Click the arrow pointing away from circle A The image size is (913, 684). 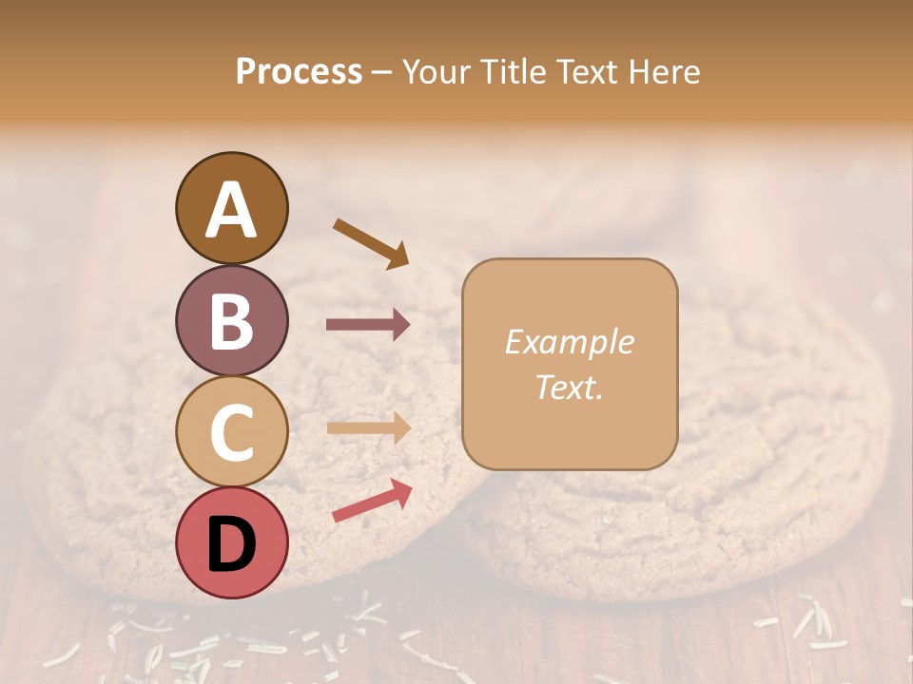coord(371,243)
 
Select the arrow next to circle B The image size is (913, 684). coord(368,325)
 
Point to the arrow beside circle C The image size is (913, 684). coord(368,428)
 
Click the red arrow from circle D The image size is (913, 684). coord(372,501)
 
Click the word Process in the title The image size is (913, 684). coord(299,71)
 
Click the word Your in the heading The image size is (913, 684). coord(434,71)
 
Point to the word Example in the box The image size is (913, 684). coord(569,342)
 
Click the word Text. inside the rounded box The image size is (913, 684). coord(569,387)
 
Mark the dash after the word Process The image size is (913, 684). coord(382,73)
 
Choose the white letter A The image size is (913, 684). coord(231,210)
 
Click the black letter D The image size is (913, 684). coord(231,545)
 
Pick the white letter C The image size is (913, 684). coord(231,433)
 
